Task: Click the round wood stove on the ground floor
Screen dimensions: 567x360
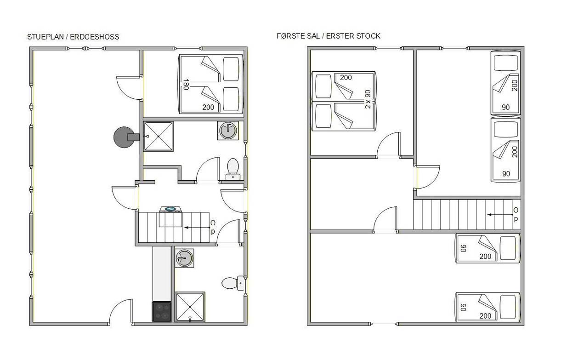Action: (124, 137)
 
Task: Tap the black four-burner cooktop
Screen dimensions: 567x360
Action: (161, 312)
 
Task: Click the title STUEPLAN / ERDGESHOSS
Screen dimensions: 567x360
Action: (73, 37)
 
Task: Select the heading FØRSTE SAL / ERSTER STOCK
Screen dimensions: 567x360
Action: (329, 36)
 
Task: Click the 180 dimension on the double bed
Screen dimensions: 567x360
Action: (186, 84)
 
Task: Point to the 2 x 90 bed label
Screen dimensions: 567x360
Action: (368, 99)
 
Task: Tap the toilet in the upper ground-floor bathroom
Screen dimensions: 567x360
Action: (233, 169)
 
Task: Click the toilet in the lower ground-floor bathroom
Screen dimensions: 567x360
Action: (233, 283)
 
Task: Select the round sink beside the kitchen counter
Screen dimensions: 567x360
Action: (185, 258)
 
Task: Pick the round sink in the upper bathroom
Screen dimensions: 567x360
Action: (228, 131)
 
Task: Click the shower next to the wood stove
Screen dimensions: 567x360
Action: (159, 137)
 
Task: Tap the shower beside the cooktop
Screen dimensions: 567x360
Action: (190, 307)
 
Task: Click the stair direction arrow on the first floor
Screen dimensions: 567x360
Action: (500, 215)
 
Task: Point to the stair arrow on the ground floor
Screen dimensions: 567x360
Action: (197, 228)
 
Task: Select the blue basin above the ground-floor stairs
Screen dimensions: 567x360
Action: (170, 209)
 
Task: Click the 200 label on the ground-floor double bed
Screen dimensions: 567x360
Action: (208, 108)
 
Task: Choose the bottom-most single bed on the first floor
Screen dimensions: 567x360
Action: (488, 307)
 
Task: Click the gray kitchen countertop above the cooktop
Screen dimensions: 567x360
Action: (162, 274)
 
